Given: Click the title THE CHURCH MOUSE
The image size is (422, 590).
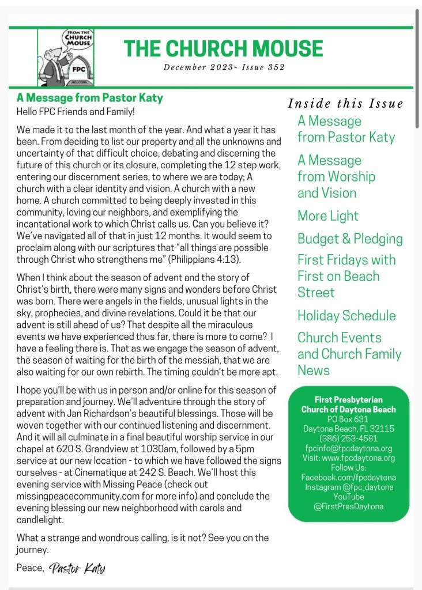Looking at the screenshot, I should (x=224, y=48).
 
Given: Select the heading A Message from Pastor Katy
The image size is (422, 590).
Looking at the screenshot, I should (x=90, y=98).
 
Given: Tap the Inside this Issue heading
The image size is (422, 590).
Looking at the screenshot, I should (x=345, y=104).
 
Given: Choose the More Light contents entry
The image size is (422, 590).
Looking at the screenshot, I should (x=328, y=216).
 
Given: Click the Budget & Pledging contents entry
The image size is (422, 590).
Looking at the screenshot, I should (x=350, y=239).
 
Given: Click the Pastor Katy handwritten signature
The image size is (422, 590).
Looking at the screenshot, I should (x=78, y=569).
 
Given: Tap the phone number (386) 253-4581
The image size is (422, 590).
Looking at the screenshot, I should (x=348, y=438).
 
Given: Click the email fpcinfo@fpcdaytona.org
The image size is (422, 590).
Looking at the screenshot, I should (x=348, y=448).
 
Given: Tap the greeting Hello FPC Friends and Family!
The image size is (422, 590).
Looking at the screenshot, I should (x=75, y=111).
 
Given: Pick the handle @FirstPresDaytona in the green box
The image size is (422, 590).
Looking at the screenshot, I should (x=348, y=506).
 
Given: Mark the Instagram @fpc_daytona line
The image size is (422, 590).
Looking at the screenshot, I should (x=348, y=487).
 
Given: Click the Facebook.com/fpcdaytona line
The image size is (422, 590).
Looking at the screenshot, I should (x=348, y=477).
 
